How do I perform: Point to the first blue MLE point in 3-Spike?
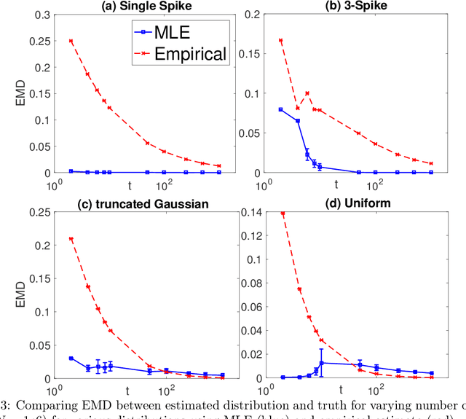tap(281, 109)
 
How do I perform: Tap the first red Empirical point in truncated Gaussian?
tap(71, 239)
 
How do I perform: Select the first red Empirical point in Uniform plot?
tap(282, 214)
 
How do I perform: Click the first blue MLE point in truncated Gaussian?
tap(71, 359)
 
